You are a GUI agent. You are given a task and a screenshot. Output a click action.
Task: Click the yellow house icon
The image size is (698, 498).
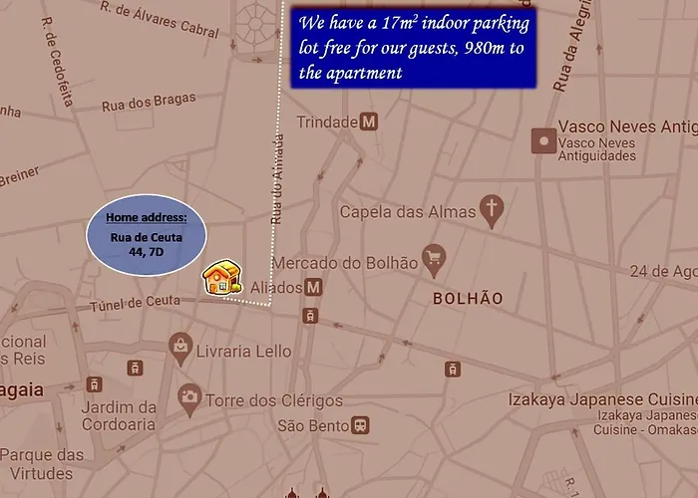(221, 278)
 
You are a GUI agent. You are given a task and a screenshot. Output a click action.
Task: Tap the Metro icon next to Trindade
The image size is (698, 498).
(369, 122)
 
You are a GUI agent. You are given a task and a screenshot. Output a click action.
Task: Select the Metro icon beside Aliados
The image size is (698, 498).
(313, 287)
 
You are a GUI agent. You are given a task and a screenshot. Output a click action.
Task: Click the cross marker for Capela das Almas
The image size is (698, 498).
(491, 209)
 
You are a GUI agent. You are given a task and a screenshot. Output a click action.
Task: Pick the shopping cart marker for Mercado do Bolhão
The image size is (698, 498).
(433, 261)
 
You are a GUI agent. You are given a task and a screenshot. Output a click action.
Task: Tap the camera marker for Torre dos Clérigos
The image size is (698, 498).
(188, 398)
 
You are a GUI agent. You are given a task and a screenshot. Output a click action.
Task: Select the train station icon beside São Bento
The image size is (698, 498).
(361, 425)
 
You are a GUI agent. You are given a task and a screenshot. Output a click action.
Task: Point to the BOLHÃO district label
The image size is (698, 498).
(467, 298)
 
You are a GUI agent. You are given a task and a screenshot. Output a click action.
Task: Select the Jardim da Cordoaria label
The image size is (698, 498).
(119, 415)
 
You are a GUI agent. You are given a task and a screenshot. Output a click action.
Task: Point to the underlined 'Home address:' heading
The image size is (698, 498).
(146, 217)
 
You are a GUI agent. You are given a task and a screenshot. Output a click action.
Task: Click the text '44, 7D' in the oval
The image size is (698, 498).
(146, 252)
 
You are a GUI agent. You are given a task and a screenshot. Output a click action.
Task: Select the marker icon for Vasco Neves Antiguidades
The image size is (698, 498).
(542, 140)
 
